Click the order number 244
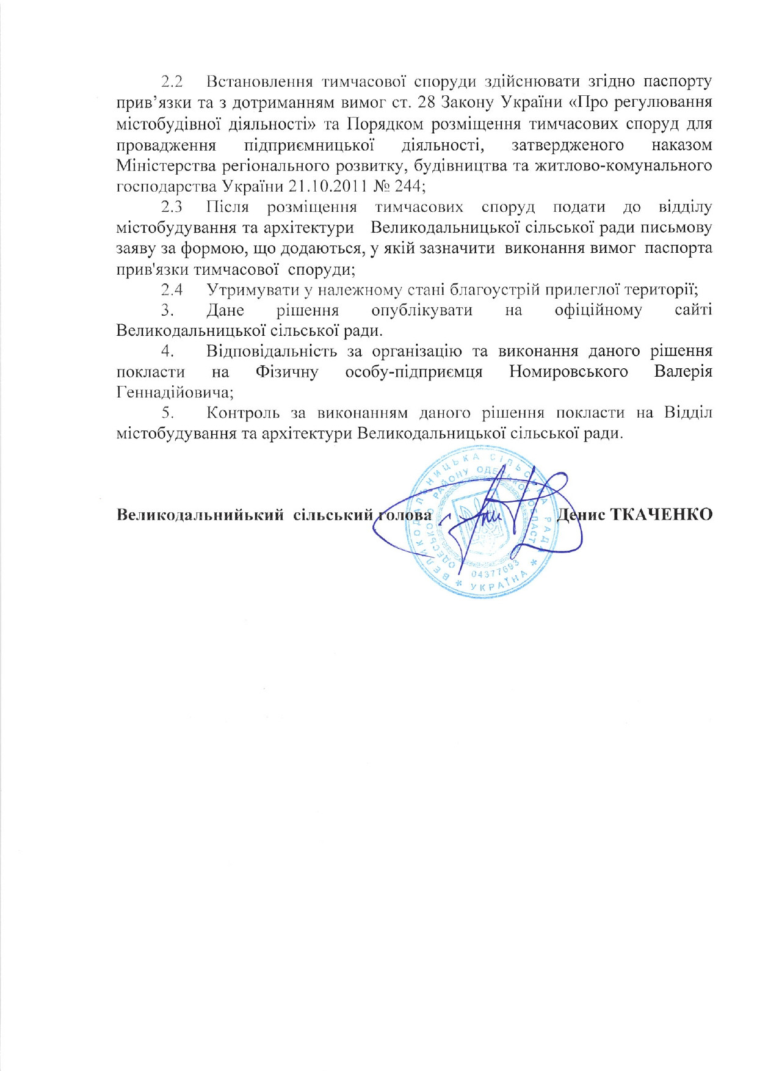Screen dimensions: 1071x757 pos(408,185)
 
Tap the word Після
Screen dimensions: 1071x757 pos(228,207)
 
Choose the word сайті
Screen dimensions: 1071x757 pos(694,310)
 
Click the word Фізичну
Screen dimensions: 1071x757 pos(287,372)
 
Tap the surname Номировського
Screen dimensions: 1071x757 pos(568,372)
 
